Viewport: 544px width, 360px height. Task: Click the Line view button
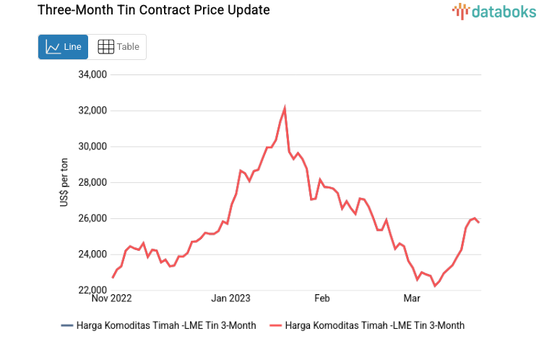(x=63, y=47)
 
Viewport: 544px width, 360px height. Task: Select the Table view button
(x=118, y=47)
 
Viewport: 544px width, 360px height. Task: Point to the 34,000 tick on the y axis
(x=92, y=74)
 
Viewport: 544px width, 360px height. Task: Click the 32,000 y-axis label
(x=92, y=111)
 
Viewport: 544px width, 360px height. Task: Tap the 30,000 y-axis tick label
(x=92, y=147)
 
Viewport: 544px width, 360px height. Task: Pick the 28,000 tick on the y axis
(x=92, y=182)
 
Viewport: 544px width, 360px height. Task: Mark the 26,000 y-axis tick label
(x=92, y=218)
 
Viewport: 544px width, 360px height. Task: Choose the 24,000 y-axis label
(x=92, y=254)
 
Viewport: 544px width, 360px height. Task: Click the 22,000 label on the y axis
(x=92, y=291)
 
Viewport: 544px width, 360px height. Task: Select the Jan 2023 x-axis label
(x=230, y=298)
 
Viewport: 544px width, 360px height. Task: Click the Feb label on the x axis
(x=321, y=298)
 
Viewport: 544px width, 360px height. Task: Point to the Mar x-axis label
(x=412, y=298)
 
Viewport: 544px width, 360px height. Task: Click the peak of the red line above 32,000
(x=285, y=108)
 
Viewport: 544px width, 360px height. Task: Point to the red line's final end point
(x=479, y=222)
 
